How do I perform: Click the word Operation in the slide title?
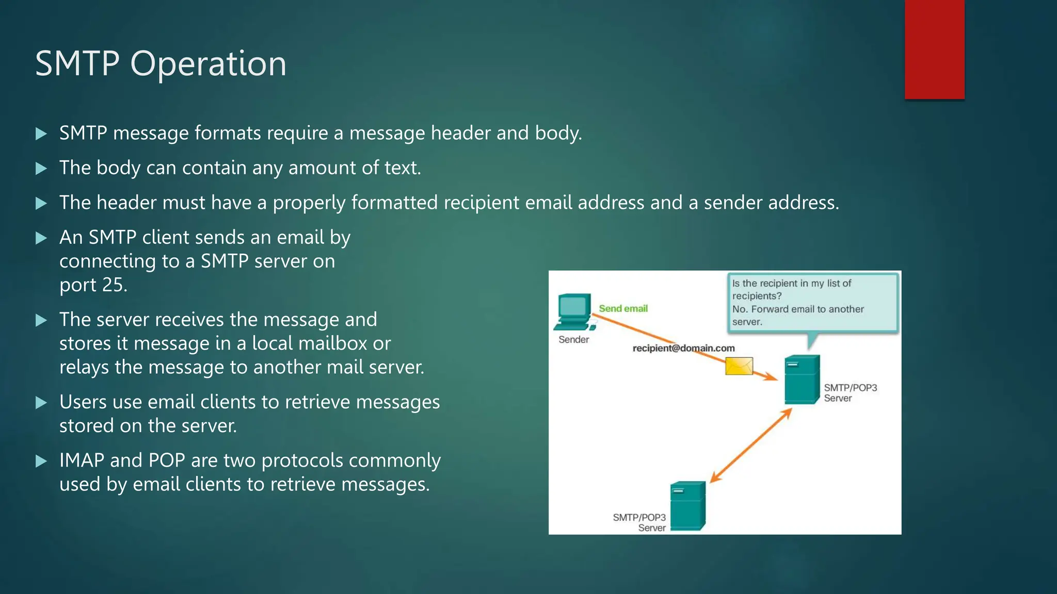(208, 64)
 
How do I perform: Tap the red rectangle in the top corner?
(934, 49)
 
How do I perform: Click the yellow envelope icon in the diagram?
(739, 366)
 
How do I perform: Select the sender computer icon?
(574, 312)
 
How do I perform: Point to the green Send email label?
(623, 308)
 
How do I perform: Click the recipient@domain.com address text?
(683, 348)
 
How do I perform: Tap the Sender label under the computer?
(573, 339)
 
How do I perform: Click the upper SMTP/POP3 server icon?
(802, 379)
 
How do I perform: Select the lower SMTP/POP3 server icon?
(687, 506)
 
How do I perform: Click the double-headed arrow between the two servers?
(751, 445)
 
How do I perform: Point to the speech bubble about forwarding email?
(813, 302)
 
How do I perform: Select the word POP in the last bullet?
(166, 460)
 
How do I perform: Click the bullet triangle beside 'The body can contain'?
(41, 168)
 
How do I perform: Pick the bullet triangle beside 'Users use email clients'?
(41, 403)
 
